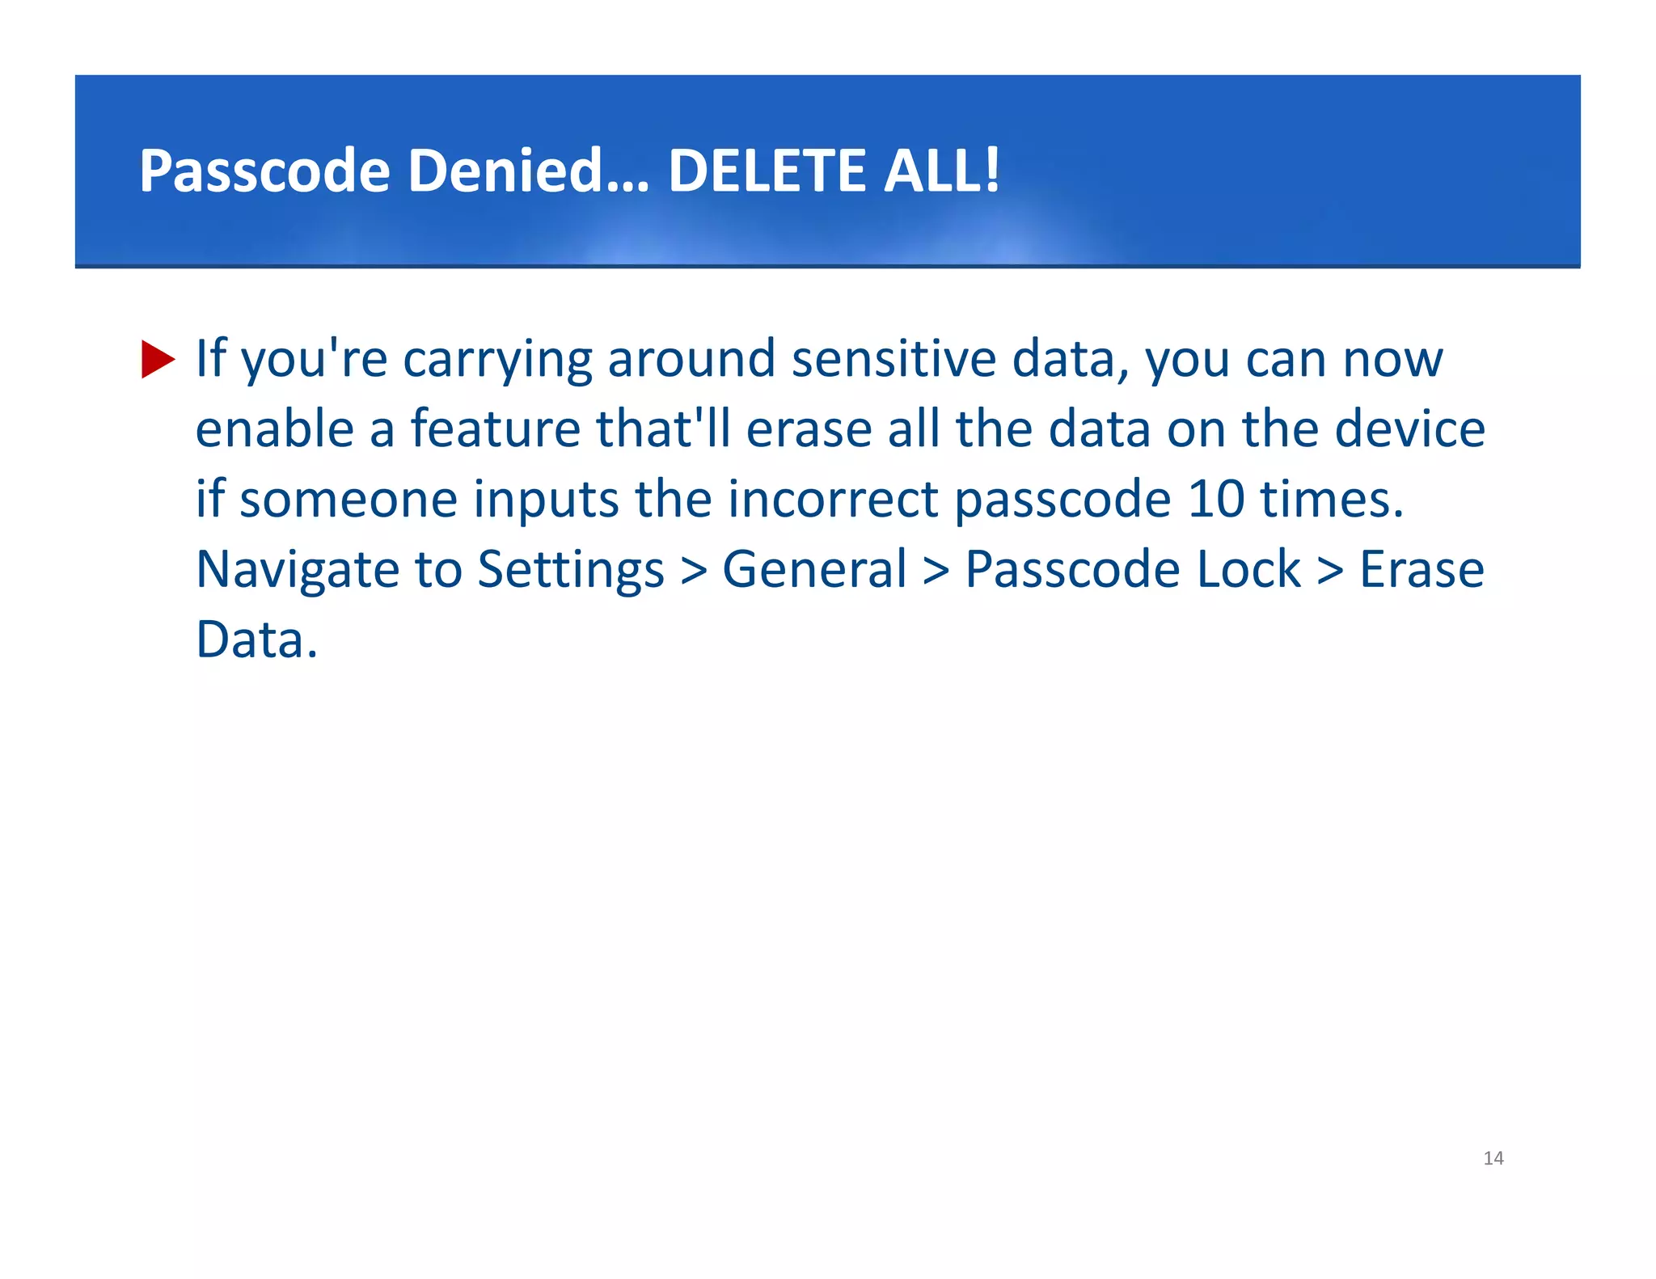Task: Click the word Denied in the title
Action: pos(528,171)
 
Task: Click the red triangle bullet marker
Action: pos(158,359)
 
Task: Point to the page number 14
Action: pos(1493,1158)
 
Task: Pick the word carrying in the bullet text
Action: pos(497,361)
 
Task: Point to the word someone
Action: pos(349,499)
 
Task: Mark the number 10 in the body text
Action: pos(1216,499)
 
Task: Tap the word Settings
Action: pos(571,570)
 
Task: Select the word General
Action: pos(814,568)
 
